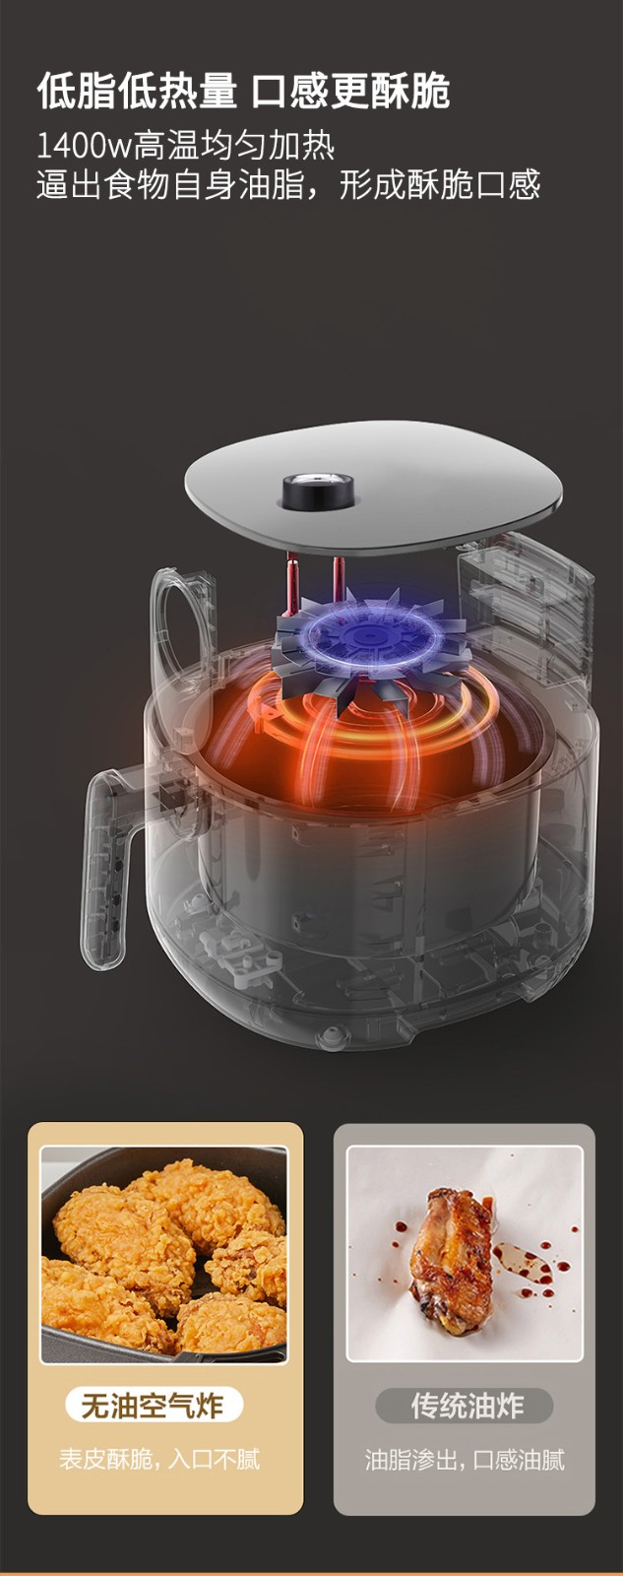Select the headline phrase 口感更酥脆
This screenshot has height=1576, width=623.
350,92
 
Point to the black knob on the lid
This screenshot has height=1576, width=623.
318,491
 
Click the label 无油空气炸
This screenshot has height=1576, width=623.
154,1405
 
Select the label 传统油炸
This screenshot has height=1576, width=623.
465,1405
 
